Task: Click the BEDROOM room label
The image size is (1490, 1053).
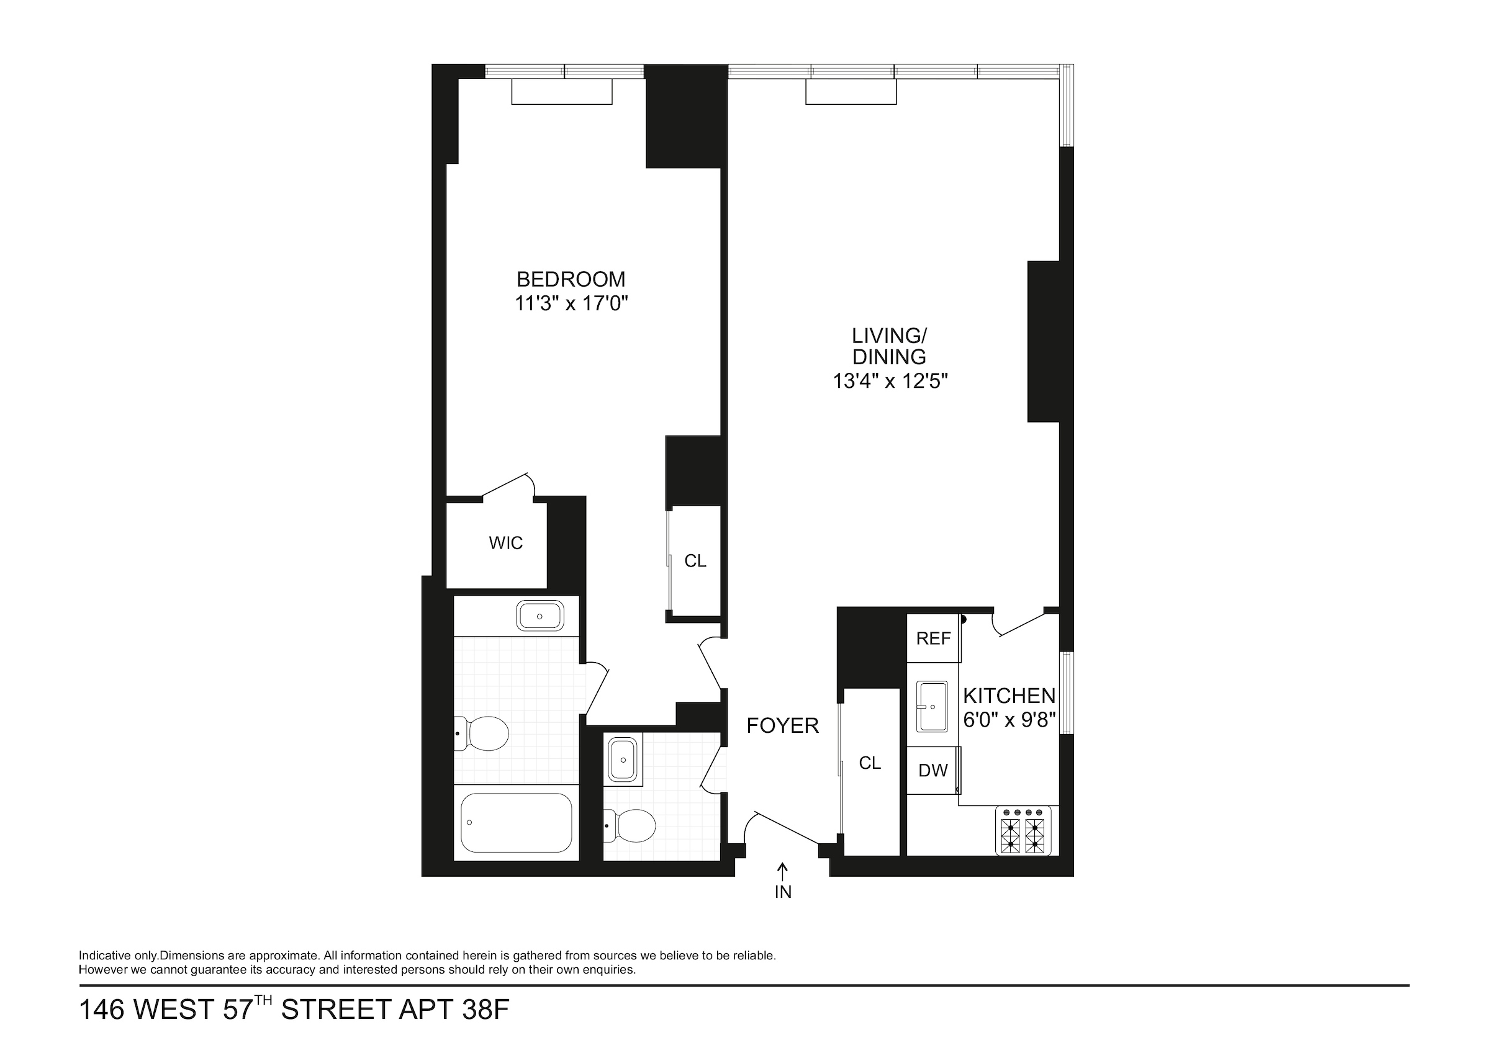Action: coord(571,280)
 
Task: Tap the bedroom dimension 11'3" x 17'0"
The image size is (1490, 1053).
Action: coord(571,303)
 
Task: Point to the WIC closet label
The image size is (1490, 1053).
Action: coord(505,543)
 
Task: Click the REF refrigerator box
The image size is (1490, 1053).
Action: coord(933,639)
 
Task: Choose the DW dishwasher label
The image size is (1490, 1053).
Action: coord(933,770)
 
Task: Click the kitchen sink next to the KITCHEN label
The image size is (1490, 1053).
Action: coord(932,706)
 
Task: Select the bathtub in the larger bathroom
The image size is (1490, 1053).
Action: coord(516,823)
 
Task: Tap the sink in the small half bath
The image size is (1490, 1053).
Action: coord(623,759)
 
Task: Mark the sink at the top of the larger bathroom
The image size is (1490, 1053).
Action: coord(540,616)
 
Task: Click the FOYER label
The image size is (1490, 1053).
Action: coord(783,725)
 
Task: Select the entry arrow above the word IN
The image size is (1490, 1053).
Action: coord(783,869)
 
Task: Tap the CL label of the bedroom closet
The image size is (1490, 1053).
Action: coord(695,560)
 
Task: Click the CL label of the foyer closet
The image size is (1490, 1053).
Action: coord(870,763)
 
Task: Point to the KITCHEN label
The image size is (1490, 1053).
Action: coord(1009,696)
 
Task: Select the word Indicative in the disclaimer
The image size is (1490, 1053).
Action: coord(104,956)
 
